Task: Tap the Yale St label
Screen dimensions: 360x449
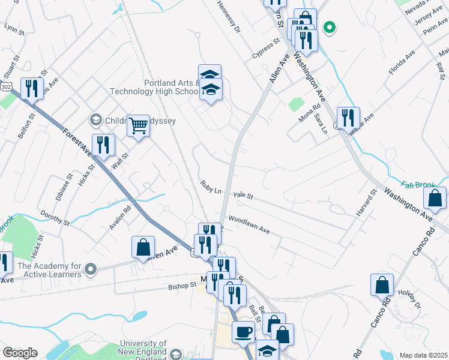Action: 243,196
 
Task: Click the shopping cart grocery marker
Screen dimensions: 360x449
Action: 139,126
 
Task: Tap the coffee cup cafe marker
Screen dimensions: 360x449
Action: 244,331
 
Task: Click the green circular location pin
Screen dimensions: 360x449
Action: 328,27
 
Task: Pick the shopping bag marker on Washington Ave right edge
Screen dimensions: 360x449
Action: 435,198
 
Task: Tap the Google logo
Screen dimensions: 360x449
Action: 19,353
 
